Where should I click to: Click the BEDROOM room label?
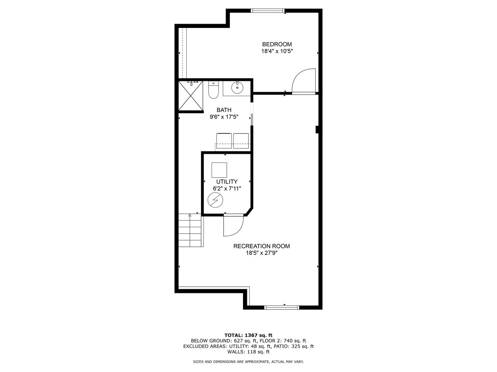click(277, 44)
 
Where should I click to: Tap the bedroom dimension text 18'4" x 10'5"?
click(277, 51)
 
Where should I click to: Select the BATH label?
click(224, 110)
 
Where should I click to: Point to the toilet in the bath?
click(213, 90)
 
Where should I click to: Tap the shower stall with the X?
click(191, 96)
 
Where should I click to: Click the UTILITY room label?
click(227, 182)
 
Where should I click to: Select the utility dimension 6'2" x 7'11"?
click(227, 189)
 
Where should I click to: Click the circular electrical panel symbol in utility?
click(215, 200)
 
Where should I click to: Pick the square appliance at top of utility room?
click(219, 170)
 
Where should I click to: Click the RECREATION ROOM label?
click(262, 246)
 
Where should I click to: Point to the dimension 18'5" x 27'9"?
click(262, 253)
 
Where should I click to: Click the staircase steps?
click(190, 231)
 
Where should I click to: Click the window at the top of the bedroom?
click(268, 10)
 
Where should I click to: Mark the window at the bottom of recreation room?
click(282, 307)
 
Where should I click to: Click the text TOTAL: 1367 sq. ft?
click(248, 335)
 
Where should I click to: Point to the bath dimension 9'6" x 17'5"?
click(224, 117)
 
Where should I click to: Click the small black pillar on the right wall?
click(317, 130)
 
